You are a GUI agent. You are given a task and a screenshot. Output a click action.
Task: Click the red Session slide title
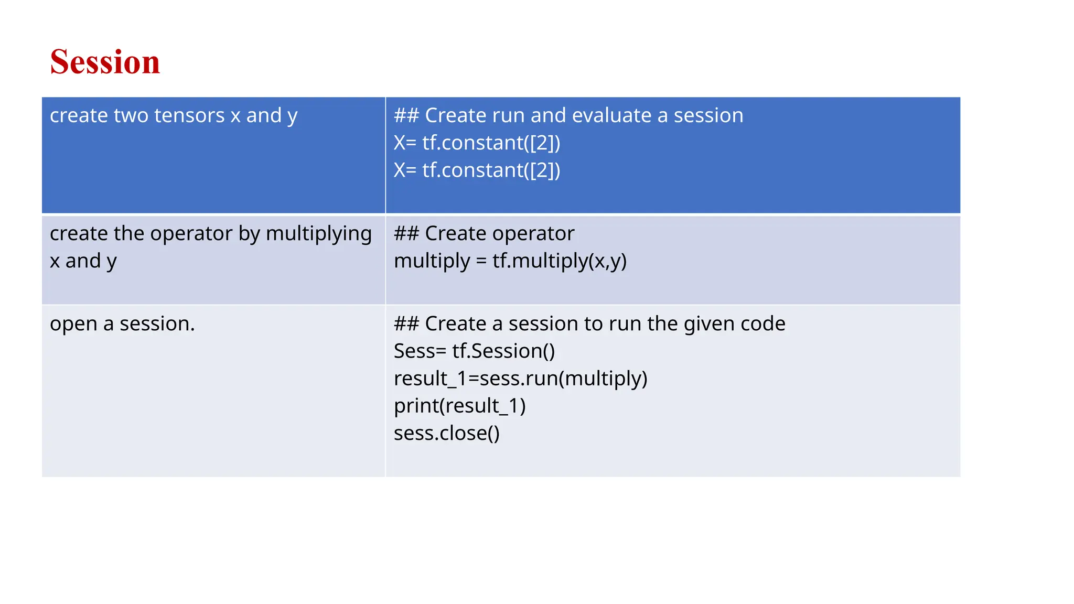click(105, 62)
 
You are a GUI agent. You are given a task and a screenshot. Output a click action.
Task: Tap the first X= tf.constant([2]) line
click(477, 143)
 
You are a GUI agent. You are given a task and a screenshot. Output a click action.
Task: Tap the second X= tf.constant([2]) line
click(477, 170)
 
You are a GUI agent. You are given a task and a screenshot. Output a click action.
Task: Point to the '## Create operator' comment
click(484, 233)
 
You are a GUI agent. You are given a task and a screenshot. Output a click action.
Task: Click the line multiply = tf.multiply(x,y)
click(510, 261)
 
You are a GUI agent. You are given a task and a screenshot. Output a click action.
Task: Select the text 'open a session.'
click(122, 323)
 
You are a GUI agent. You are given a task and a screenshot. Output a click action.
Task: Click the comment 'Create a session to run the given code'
click(589, 323)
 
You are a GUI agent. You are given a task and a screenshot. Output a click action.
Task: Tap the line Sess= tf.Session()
click(474, 351)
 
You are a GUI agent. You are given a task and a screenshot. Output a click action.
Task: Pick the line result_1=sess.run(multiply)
click(520, 379)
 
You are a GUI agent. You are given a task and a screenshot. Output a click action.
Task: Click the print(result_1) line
click(459, 406)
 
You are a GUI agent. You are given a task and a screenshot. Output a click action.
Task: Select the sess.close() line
click(446, 433)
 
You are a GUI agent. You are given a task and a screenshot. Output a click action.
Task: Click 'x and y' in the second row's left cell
click(83, 261)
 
